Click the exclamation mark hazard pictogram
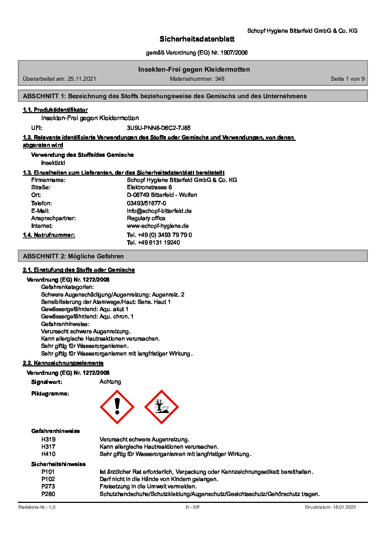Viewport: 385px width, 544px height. tap(117, 407)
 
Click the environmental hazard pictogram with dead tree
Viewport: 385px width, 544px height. tap(161, 407)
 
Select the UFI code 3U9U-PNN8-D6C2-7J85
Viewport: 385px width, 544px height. tap(159, 128)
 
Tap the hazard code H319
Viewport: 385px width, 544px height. tap(48, 440)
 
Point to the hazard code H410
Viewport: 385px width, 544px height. tap(48, 454)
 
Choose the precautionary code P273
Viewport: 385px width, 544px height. tap(48, 487)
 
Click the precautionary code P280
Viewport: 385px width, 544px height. tap(48, 494)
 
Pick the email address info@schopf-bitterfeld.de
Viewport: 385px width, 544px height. tap(159, 211)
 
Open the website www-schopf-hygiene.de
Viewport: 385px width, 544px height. tap(158, 226)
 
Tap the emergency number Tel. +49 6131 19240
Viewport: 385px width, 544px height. tap(153, 243)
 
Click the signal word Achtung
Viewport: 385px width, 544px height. tap(110, 382)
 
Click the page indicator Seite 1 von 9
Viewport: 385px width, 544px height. tap(348, 79)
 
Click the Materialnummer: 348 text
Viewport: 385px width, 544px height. tap(197, 79)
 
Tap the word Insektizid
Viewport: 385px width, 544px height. tap(53, 163)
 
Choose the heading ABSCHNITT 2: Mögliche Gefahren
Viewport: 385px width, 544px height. tap(73, 256)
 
